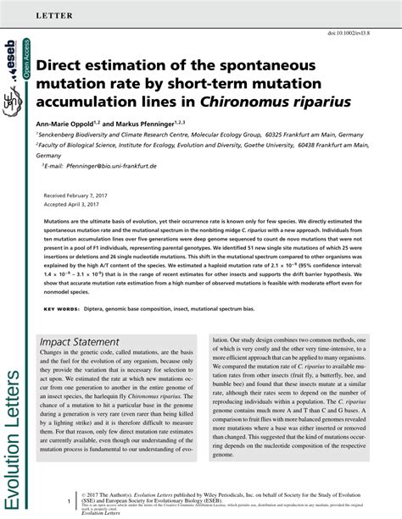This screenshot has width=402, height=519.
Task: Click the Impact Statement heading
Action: point(80,342)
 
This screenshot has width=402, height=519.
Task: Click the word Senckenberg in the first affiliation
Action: point(60,135)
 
